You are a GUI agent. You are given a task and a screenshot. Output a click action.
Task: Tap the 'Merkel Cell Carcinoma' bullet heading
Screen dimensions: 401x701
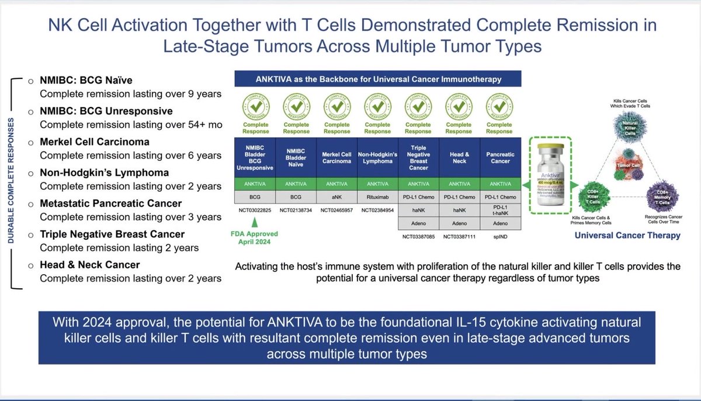94,142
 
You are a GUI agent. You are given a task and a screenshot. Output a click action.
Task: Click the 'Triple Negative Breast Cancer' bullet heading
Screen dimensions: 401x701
112,234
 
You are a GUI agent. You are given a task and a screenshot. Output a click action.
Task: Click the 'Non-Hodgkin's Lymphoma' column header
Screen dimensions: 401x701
377,157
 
